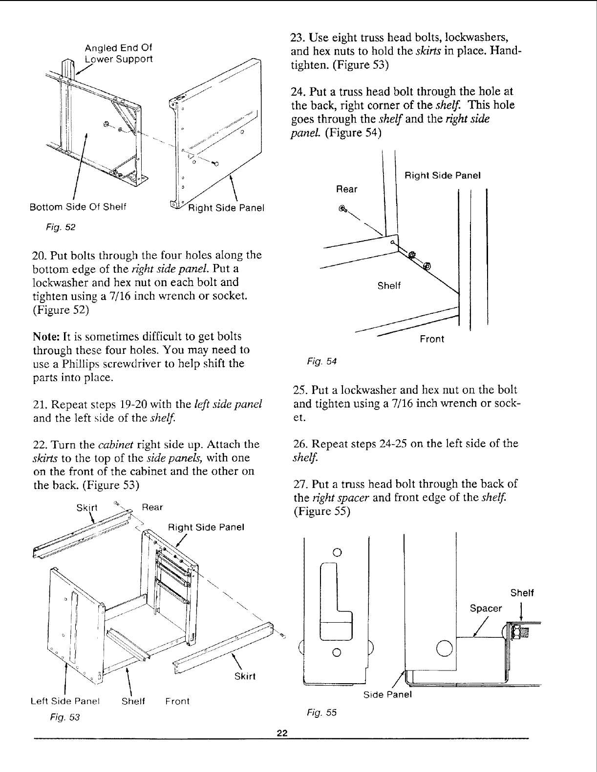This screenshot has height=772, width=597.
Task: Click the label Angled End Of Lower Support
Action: [118, 54]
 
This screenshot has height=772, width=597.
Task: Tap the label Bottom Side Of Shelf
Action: [78, 207]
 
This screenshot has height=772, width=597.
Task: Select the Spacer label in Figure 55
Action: [486, 609]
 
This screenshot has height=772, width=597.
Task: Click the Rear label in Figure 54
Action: [347, 189]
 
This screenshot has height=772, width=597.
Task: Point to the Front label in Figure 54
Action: [432, 339]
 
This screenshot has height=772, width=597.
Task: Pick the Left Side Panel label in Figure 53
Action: [65, 701]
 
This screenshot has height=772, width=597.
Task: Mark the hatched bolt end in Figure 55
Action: [522, 634]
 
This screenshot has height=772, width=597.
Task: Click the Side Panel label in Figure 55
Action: [388, 694]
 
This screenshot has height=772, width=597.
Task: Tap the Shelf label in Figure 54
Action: [389, 286]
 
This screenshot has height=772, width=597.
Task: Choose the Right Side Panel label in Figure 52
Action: [226, 208]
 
